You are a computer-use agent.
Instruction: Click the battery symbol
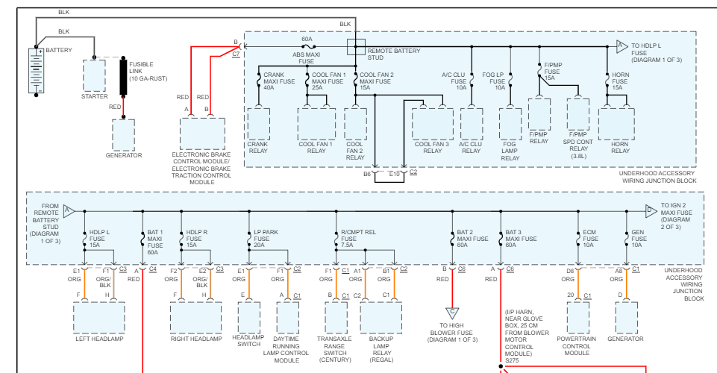(x=36, y=71)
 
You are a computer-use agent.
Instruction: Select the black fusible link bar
(x=123, y=77)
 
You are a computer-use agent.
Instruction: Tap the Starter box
(x=94, y=75)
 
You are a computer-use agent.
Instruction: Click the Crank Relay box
(x=258, y=124)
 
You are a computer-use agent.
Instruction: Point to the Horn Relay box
(x=616, y=124)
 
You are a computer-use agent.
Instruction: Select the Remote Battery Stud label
(x=394, y=54)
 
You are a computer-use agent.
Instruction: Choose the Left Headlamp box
(x=98, y=317)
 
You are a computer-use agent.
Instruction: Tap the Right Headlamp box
(x=195, y=317)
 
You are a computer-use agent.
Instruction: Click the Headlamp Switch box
(x=249, y=317)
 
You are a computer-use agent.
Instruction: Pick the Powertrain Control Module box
(x=578, y=317)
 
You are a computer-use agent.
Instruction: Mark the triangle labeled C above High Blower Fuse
(x=452, y=313)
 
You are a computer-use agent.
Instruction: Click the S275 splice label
(x=512, y=360)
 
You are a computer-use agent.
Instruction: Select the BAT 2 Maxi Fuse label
(x=472, y=239)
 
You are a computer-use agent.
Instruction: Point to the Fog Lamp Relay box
(x=510, y=124)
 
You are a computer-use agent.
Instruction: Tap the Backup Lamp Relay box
(x=381, y=317)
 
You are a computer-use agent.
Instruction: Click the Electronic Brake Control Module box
(x=202, y=134)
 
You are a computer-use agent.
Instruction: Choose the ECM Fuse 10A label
(x=590, y=239)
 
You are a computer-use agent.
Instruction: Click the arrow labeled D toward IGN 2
(x=651, y=210)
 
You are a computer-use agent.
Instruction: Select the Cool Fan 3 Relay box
(x=433, y=124)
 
